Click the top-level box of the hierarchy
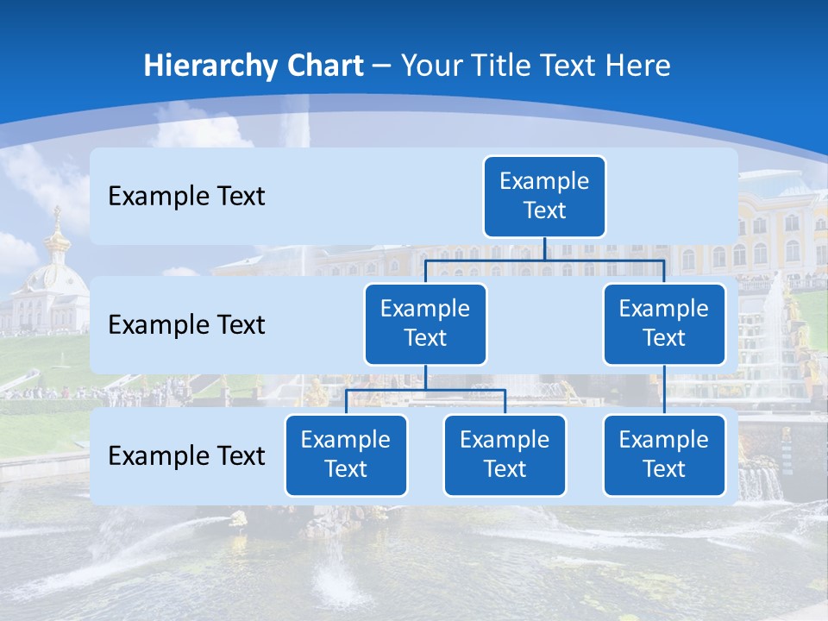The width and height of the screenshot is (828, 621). pos(544,197)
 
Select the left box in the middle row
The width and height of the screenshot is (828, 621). pos(425,324)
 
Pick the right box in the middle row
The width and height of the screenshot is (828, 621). pos(664,324)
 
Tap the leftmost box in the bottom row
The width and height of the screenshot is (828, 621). pos(346,455)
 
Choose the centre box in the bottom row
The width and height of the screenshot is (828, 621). pos(505,455)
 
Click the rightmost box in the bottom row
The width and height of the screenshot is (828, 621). pos(664,455)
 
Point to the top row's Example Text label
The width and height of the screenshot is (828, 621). pos(186,197)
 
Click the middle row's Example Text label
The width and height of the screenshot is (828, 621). pos(186,325)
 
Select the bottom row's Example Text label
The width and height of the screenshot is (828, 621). pos(186,456)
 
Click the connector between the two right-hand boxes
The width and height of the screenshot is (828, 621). pos(664,390)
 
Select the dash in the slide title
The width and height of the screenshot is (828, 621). pos(382,67)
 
